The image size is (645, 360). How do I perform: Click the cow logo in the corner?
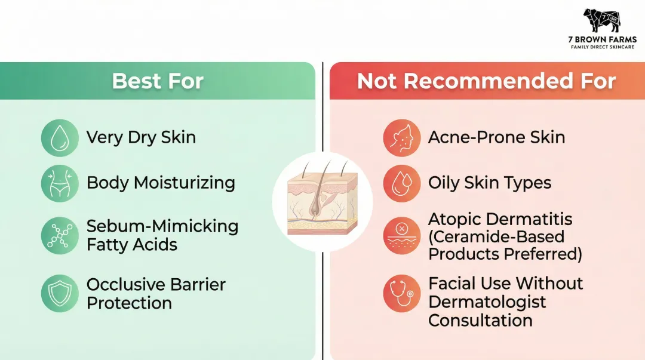tap(601, 21)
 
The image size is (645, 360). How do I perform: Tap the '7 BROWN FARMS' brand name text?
tap(602, 40)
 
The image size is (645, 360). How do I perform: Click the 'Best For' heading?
tap(158, 81)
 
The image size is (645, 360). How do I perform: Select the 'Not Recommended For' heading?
tap(486, 81)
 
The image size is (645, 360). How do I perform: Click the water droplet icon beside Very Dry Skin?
tap(60, 138)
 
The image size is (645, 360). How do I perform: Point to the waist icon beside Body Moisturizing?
tap(60, 183)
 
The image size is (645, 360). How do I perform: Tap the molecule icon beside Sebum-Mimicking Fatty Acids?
tap(60, 235)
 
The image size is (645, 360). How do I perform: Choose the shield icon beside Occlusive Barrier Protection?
tap(60, 293)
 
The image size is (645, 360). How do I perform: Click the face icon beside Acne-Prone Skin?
tap(401, 138)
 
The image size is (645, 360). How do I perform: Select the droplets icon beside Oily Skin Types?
tap(401, 183)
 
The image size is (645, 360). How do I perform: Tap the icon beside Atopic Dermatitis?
tap(401, 235)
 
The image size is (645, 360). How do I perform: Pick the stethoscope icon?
tap(401, 293)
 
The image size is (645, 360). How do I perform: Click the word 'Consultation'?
tap(480, 320)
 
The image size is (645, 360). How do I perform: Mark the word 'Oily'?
tap(443, 183)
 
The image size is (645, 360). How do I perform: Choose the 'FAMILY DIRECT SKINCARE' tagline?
tap(602, 47)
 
